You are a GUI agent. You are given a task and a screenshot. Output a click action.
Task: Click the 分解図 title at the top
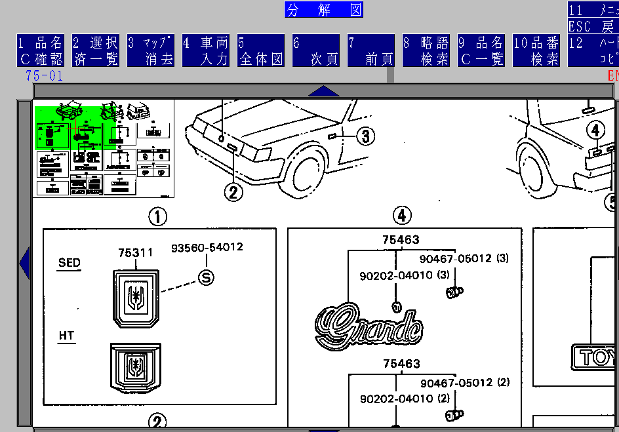click(x=324, y=9)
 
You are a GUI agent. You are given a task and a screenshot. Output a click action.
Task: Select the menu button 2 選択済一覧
click(x=95, y=50)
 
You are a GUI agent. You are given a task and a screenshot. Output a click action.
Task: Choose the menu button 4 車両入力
click(x=205, y=50)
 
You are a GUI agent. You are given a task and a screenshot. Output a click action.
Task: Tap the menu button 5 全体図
click(x=261, y=50)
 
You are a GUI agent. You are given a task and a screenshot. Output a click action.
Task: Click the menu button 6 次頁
click(x=316, y=50)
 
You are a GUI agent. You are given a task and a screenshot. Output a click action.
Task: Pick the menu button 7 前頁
click(x=371, y=50)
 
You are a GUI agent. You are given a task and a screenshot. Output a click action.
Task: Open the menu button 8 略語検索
click(x=426, y=50)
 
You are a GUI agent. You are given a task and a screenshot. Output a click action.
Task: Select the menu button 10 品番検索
click(x=536, y=50)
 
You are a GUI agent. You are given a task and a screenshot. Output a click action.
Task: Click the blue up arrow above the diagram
click(x=323, y=91)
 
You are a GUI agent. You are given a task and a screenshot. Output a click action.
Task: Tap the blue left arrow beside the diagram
click(x=25, y=262)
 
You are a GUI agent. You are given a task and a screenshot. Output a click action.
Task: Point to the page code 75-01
click(x=45, y=75)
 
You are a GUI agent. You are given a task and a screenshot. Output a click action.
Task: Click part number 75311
click(x=136, y=252)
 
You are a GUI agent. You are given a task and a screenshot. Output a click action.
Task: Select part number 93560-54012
click(x=207, y=248)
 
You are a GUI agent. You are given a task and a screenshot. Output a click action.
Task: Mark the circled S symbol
click(x=206, y=278)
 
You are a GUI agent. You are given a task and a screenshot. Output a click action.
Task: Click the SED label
click(x=70, y=263)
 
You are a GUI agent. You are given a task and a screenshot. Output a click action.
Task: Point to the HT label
click(x=66, y=336)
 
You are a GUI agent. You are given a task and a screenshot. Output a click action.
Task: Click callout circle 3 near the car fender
click(x=365, y=136)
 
